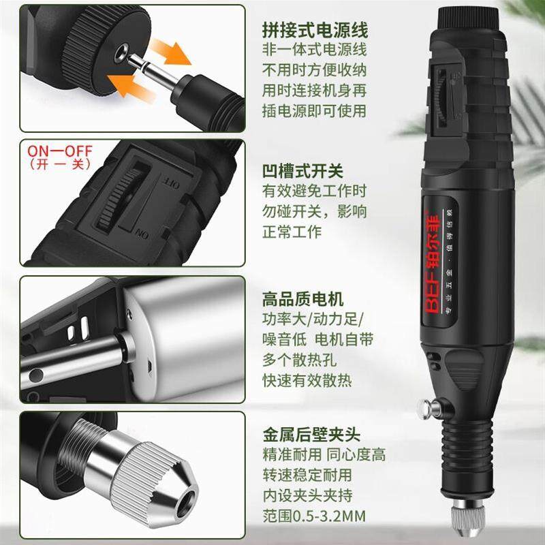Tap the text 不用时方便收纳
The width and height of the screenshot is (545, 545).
coord(314,70)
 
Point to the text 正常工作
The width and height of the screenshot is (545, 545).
coord(292,232)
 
